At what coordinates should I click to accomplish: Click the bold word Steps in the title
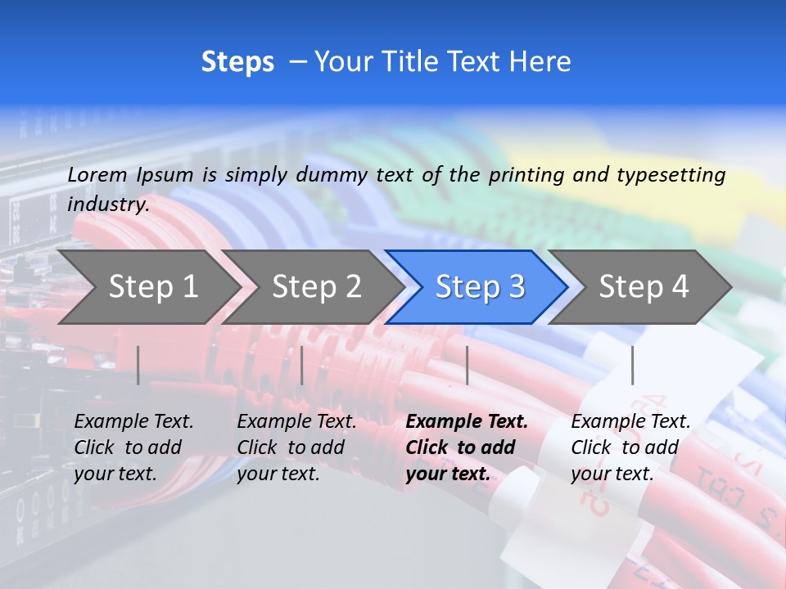pos(237,62)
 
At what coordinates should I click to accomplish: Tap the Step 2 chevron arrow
pos(316,286)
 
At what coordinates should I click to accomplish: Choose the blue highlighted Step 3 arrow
pos(480,286)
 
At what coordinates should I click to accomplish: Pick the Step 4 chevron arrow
pos(644,286)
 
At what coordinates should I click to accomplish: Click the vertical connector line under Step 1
pos(138,365)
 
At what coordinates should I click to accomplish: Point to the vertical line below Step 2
pos(302,365)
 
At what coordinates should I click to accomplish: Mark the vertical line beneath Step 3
pos(467,365)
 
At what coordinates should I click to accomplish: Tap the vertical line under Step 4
pos(632,365)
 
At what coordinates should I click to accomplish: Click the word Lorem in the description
pos(97,174)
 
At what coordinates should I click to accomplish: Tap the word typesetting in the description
pos(671,174)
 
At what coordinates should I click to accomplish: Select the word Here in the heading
pos(540,62)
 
